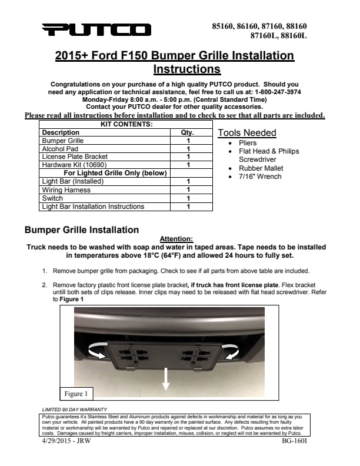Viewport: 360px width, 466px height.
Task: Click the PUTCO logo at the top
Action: pos(96,29)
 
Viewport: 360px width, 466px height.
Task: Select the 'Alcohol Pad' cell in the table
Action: pos(60,149)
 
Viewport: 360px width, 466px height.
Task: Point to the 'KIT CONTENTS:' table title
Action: pos(126,125)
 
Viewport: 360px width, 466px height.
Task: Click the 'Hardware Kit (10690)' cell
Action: pos(73,165)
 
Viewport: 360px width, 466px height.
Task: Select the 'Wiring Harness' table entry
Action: pos(66,190)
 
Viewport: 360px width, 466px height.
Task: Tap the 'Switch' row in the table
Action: pos(53,198)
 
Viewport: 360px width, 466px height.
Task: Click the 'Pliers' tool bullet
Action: pos(248,143)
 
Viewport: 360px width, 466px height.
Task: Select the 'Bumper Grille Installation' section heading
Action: pos(82,229)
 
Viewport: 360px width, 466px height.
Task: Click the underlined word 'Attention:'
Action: pos(176,238)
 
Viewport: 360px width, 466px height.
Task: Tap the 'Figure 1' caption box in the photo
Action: pos(76,393)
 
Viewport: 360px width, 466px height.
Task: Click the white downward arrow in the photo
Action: pos(166,378)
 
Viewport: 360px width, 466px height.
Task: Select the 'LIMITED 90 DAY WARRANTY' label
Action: pos(74,409)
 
